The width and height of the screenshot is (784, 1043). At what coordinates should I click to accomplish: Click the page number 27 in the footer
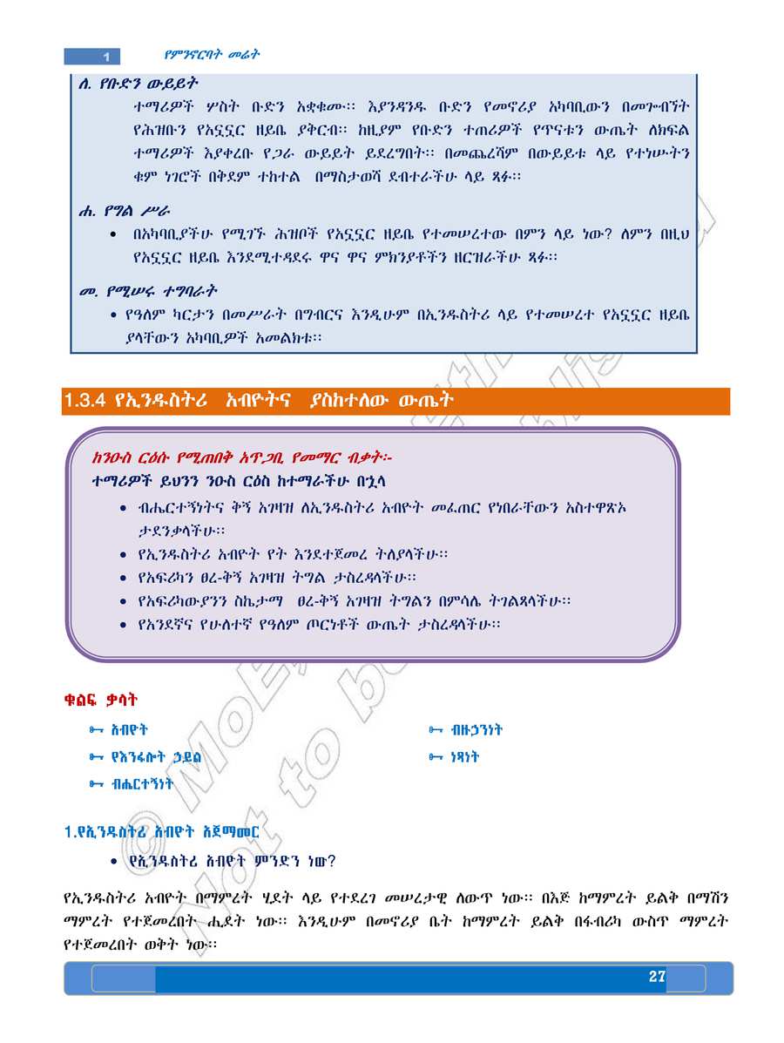[x=657, y=977]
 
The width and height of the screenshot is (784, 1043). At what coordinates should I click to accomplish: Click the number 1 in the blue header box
[x=105, y=57]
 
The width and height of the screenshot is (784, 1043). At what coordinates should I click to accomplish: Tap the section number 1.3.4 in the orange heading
[x=84, y=400]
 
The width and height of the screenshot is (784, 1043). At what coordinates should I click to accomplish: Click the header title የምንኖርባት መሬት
[x=213, y=54]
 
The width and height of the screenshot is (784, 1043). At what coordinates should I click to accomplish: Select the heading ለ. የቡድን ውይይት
[x=139, y=85]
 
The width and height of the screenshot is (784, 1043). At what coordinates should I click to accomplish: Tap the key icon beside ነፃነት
[x=436, y=757]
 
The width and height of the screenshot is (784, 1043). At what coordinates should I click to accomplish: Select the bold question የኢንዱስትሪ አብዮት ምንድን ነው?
[x=232, y=861]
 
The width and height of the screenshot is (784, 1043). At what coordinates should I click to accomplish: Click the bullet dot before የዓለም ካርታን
[x=114, y=314]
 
